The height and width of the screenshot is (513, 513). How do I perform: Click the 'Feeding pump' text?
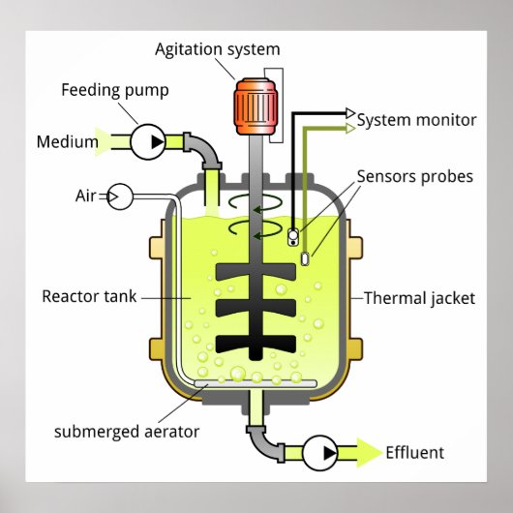tap(115, 91)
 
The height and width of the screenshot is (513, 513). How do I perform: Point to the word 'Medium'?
tap(68, 142)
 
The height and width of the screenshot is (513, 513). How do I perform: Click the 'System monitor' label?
tap(416, 120)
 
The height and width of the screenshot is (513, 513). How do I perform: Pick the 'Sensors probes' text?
tap(414, 176)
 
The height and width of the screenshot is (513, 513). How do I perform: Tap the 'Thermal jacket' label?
tap(419, 297)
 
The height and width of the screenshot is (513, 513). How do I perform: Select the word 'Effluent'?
tap(414, 452)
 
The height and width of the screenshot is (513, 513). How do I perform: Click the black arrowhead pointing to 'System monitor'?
tap(350, 112)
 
